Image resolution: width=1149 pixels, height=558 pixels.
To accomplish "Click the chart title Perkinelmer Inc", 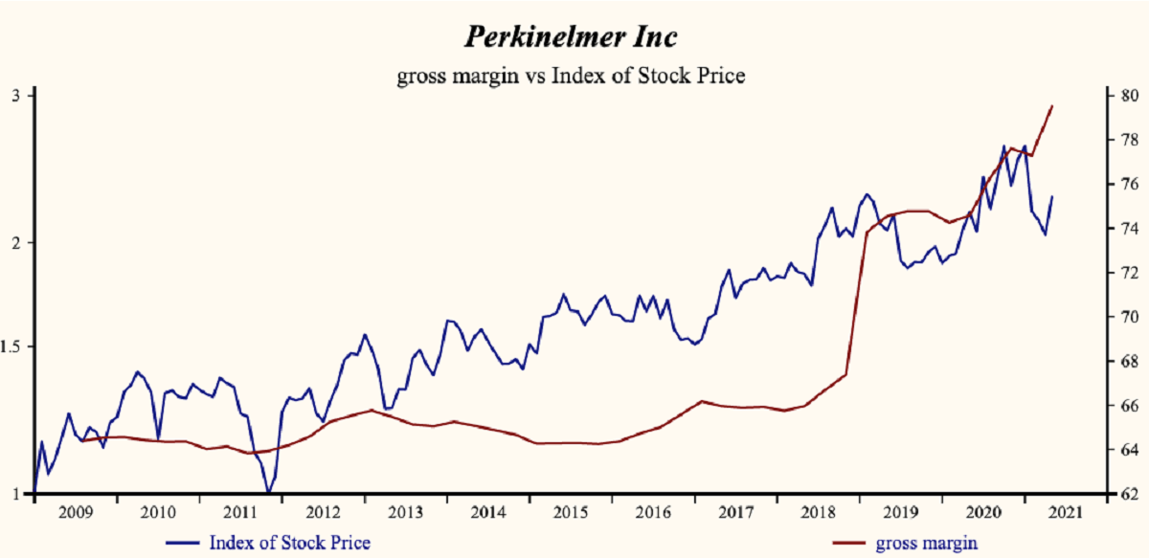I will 572,36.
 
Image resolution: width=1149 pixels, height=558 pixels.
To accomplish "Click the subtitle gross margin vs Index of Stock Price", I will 571,76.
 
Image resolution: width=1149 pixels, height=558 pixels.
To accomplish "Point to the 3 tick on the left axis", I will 16,96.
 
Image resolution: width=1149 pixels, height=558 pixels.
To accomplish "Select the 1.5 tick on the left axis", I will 12,346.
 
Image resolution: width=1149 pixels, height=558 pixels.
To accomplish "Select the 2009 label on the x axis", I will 75,512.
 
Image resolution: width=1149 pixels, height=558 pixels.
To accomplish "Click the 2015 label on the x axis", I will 569,512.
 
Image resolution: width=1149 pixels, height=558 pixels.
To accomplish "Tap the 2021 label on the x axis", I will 1061,512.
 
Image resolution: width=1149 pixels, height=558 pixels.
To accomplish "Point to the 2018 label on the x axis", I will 816,512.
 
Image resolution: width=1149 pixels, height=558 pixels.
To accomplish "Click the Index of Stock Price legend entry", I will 288,543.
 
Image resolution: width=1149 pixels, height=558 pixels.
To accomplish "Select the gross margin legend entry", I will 926,543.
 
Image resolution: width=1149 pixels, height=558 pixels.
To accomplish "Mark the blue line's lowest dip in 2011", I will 268,492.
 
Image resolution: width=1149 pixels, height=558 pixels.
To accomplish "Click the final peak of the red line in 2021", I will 1052,106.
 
